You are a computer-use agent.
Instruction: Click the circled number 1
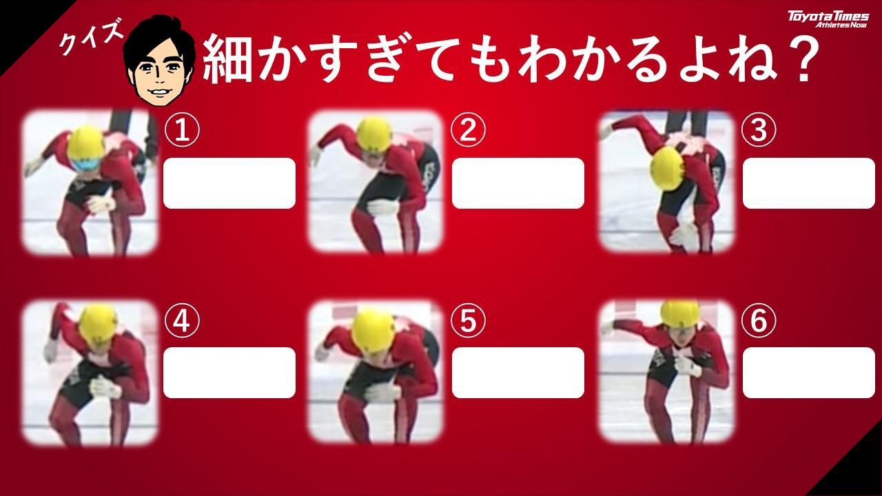pos(182,130)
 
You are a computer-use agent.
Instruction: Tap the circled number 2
pos(468,130)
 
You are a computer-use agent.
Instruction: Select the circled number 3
pos(759,130)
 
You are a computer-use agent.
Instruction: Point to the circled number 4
pos(182,321)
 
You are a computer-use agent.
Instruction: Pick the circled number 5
pos(468,321)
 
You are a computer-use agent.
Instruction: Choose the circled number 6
pos(759,321)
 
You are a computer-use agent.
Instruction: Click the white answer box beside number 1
pos(229,183)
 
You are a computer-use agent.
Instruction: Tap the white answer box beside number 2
pos(517,183)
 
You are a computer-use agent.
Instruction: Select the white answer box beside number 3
pos(809,183)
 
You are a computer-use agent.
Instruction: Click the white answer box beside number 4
pos(229,373)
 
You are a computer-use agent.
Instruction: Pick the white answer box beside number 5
pos(517,373)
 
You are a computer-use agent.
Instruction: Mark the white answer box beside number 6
pos(809,373)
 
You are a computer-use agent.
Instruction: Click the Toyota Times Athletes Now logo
pos(828,19)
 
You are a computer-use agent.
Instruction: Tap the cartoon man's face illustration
pos(159,61)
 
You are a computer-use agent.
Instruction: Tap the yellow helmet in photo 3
pos(668,169)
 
